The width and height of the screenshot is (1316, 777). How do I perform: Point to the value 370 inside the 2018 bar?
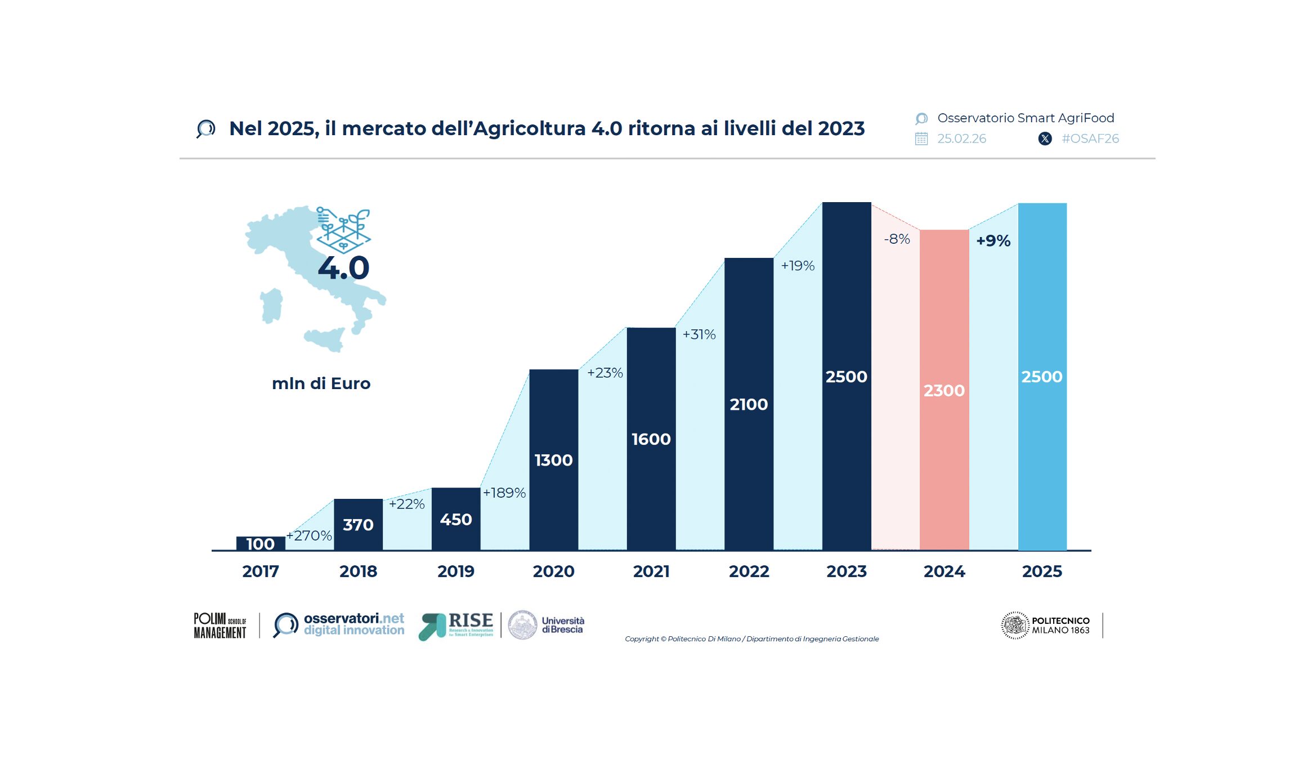(358, 525)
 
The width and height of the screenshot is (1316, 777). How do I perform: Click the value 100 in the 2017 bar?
(260, 544)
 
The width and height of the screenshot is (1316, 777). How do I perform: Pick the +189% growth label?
(504, 493)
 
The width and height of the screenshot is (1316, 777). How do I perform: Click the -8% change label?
(897, 239)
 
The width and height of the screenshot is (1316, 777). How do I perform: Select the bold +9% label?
(993, 240)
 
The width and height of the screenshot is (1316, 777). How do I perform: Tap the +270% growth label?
(309, 535)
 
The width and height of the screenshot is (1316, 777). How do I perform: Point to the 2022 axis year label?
(749, 571)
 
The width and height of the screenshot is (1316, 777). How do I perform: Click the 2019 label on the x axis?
(456, 571)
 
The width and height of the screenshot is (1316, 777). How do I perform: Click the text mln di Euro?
(321, 383)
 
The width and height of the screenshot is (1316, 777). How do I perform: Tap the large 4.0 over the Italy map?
(343, 268)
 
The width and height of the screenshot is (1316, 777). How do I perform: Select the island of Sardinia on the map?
(271, 306)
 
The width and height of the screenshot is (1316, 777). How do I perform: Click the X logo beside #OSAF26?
(1045, 139)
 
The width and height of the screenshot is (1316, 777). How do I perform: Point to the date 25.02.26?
(961, 139)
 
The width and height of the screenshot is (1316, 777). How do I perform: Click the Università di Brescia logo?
(546, 625)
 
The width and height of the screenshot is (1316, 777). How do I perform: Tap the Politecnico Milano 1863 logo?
(1046, 625)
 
